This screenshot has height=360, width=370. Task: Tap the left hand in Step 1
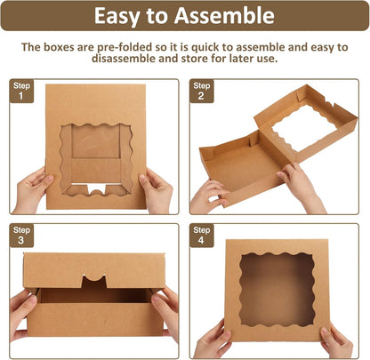point(33,189)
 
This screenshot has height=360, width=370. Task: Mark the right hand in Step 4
point(336,339)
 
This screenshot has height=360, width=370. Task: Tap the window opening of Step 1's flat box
point(95,156)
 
